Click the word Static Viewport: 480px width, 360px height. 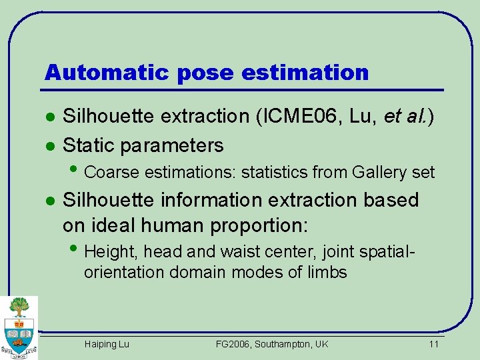[x=89, y=145]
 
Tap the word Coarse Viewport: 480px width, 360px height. [x=112, y=173]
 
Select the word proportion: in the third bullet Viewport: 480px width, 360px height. [x=259, y=225]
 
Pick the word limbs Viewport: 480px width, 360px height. [x=327, y=272]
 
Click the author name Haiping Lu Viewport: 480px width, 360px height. [x=107, y=344]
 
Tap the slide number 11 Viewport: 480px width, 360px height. [x=433, y=344]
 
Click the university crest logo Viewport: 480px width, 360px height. [x=19, y=327]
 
